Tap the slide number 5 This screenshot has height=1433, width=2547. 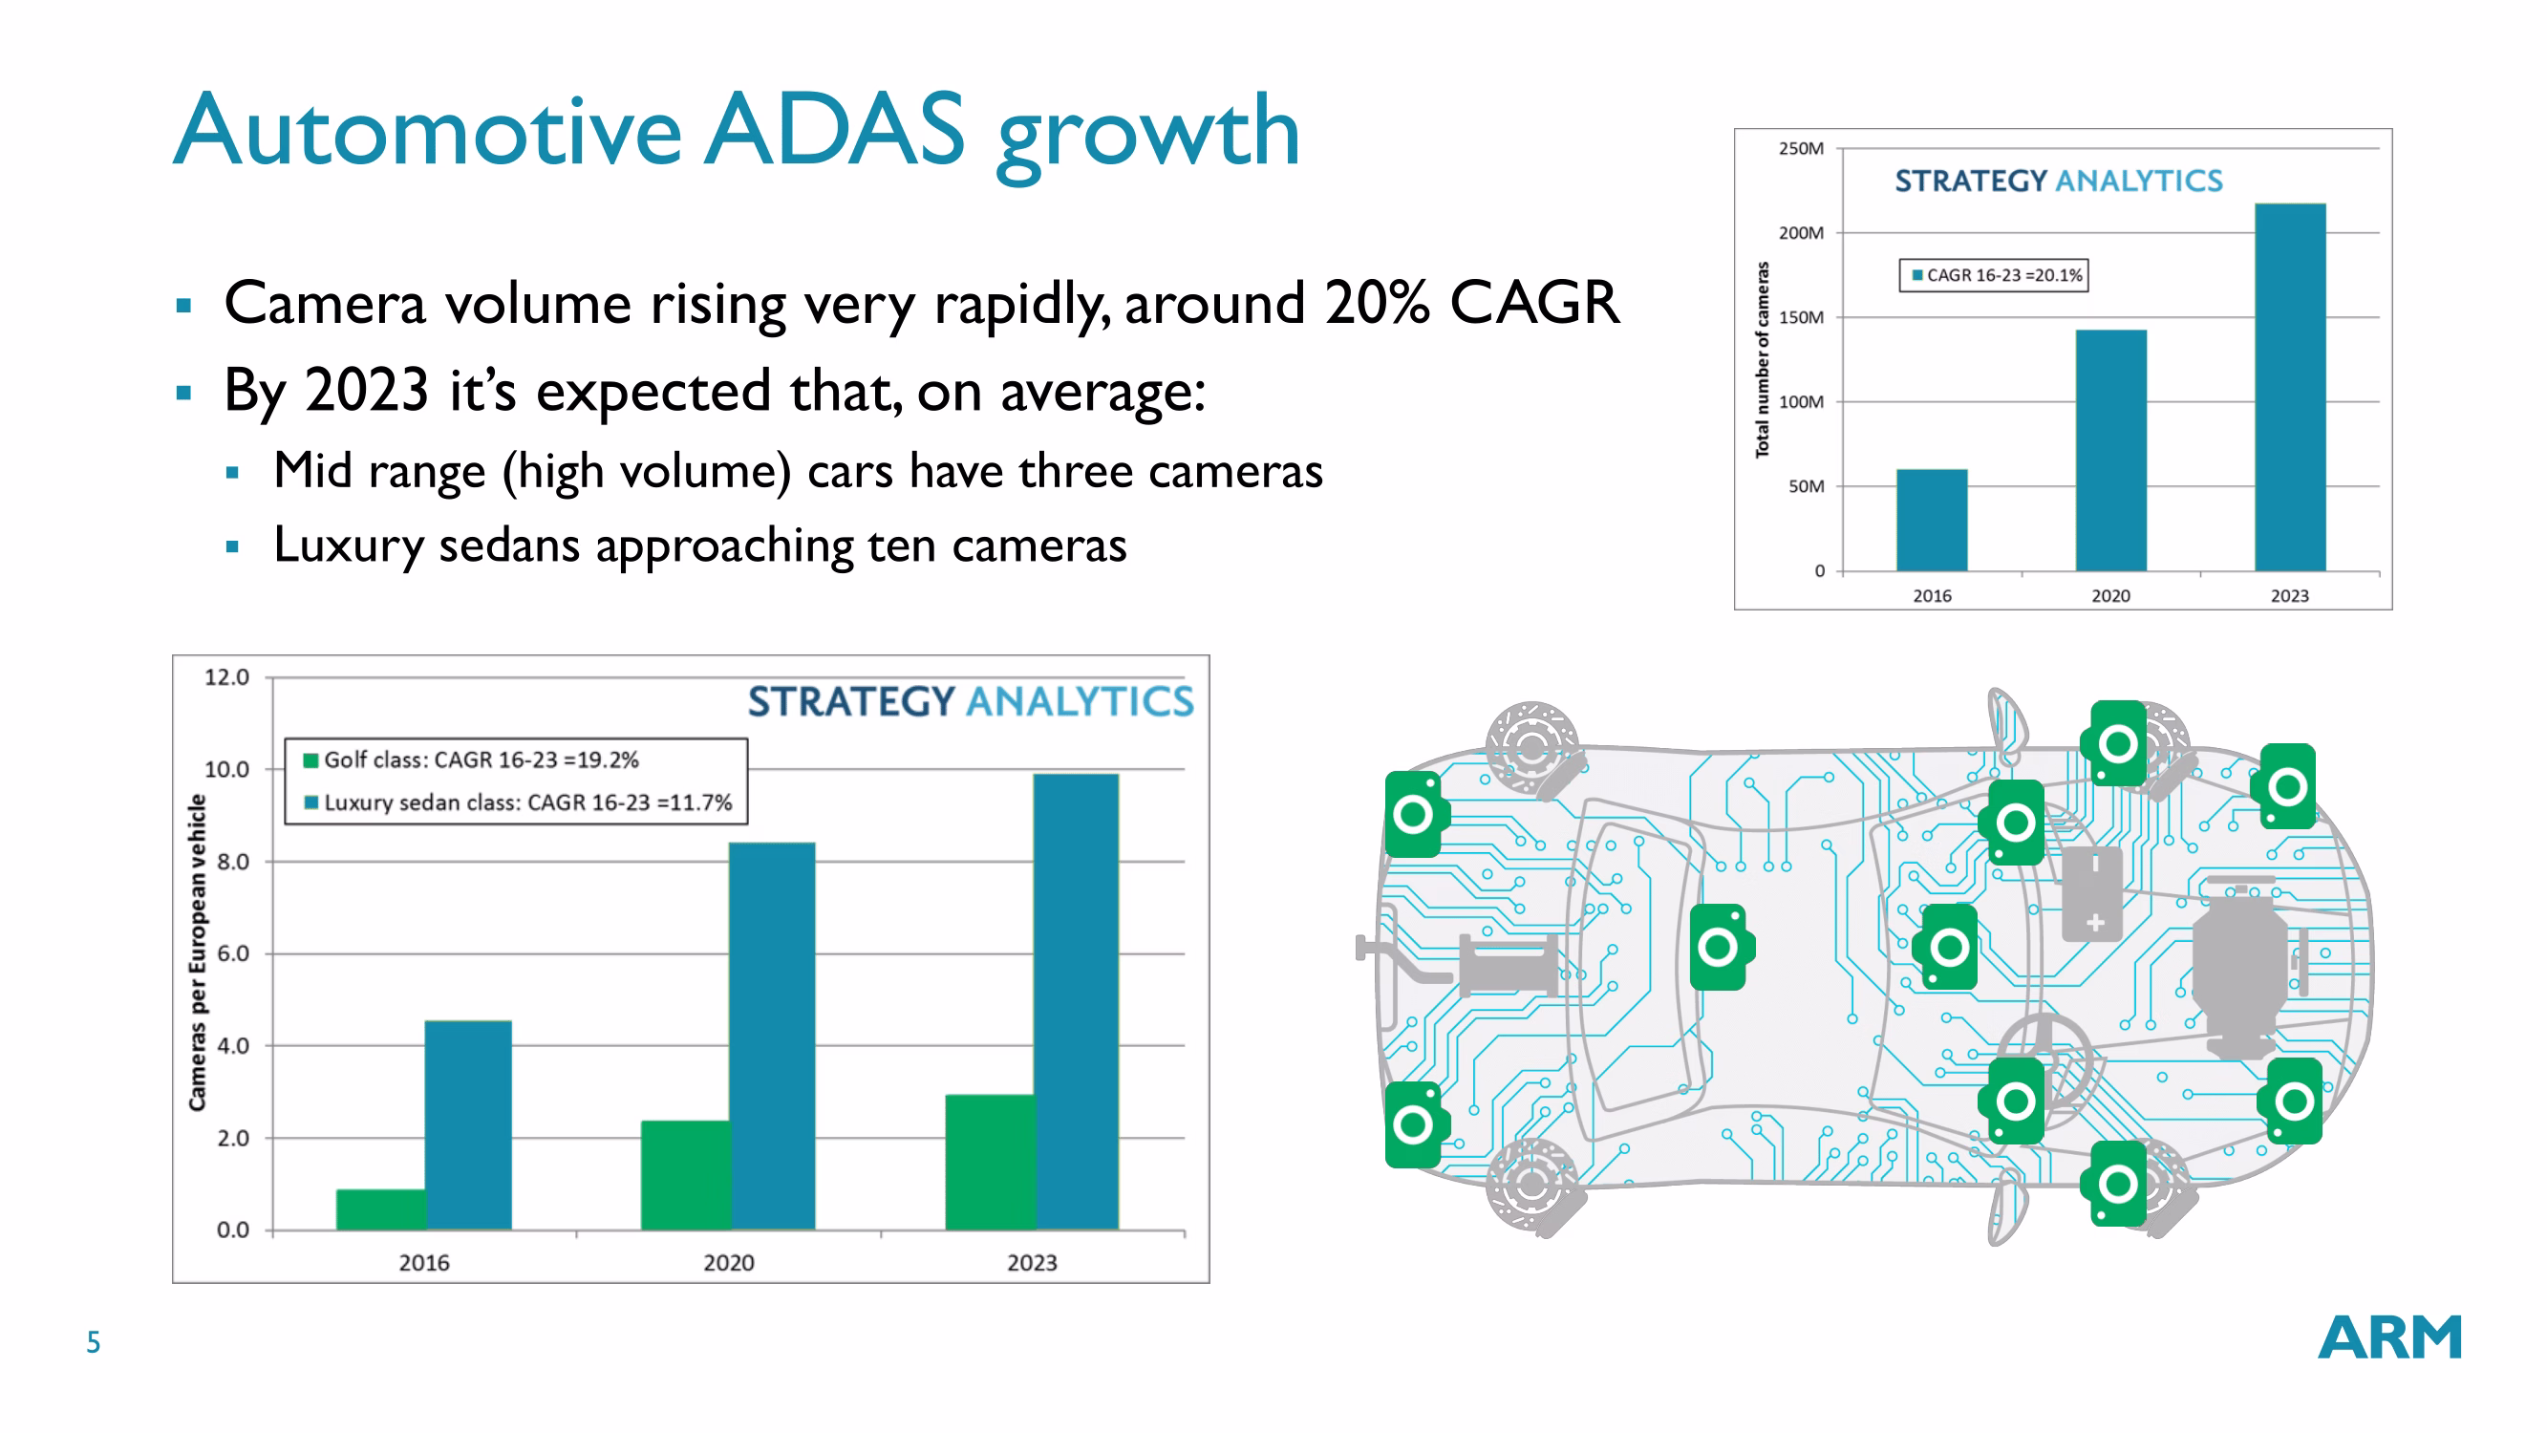(x=93, y=1342)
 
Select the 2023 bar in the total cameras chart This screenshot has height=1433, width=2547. (x=2289, y=388)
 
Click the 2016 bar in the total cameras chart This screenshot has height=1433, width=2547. (x=1931, y=521)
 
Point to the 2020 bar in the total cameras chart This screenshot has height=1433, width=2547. (x=2110, y=451)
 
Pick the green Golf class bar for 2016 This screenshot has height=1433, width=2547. (x=380, y=1208)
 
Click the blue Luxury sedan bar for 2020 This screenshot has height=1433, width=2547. (x=772, y=1036)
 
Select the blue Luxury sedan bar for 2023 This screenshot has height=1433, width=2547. (x=1076, y=1001)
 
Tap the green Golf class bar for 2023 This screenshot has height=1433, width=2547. (x=990, y=1162)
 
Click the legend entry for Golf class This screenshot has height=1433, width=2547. (x=473, y=759)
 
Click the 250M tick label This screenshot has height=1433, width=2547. (x=1801, y=148)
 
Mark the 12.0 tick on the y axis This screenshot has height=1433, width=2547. (x=226, y=677)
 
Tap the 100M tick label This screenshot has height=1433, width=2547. (x=1801, y=401)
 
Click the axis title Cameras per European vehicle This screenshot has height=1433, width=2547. (x=198, y=952)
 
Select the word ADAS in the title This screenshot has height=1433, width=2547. (x=833, y=131)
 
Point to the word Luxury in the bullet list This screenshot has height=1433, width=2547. (x=347, y=545)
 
